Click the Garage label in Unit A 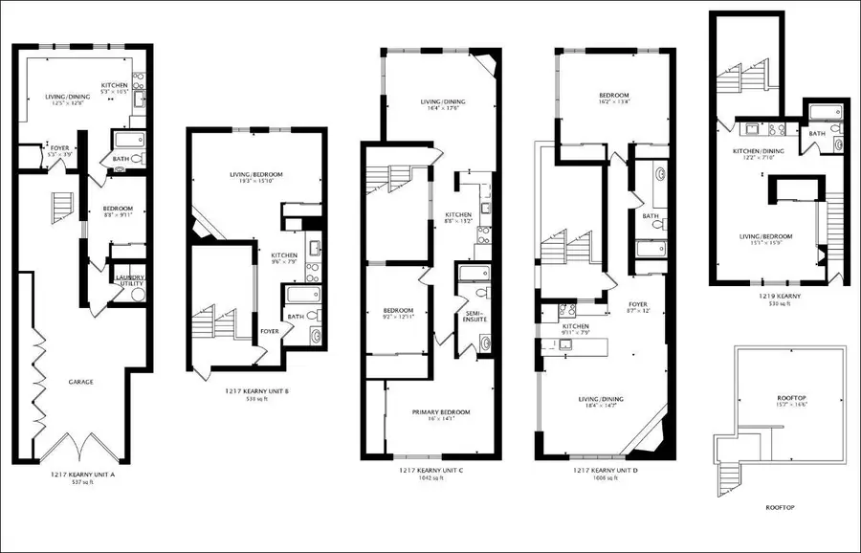point(80,383)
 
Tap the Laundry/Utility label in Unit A point(129,280)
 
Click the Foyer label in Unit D point(637,305)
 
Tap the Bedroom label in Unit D point(613,96)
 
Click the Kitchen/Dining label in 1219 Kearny point(760,151)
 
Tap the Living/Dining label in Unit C point(443,102)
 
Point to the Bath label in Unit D point(651,216)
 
